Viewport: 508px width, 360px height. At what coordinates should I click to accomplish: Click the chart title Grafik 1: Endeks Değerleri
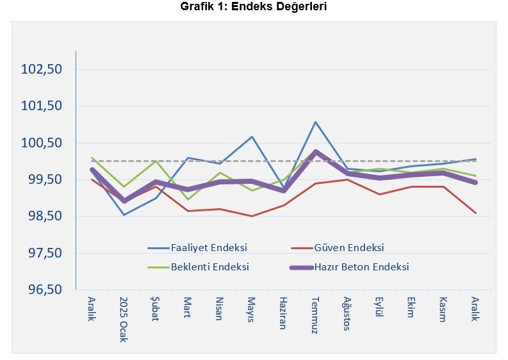pos(254,7)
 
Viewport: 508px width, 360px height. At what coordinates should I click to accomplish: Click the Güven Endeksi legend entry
pos(349,247)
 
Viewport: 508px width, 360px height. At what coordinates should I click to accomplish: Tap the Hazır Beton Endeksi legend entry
pos(361,266)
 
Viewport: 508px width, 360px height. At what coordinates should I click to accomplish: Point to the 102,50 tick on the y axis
pos(40,69)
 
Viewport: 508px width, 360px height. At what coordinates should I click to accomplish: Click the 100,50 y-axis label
pos(40,143)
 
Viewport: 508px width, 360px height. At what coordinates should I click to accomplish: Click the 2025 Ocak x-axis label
pos(124,319)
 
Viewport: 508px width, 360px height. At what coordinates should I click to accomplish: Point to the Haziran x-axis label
pos(283,314)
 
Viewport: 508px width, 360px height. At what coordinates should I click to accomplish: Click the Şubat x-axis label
pos(156,309)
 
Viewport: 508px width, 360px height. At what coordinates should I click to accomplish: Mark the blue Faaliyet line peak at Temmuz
pos(315,122)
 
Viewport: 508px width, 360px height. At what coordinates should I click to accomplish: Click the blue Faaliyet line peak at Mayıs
pos(252,136)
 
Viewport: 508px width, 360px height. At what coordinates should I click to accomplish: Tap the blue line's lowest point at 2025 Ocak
pos(124,215)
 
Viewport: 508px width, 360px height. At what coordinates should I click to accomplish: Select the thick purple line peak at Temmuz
pos(315,152)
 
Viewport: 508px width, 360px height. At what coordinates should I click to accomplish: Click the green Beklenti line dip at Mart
pos(188,199)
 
